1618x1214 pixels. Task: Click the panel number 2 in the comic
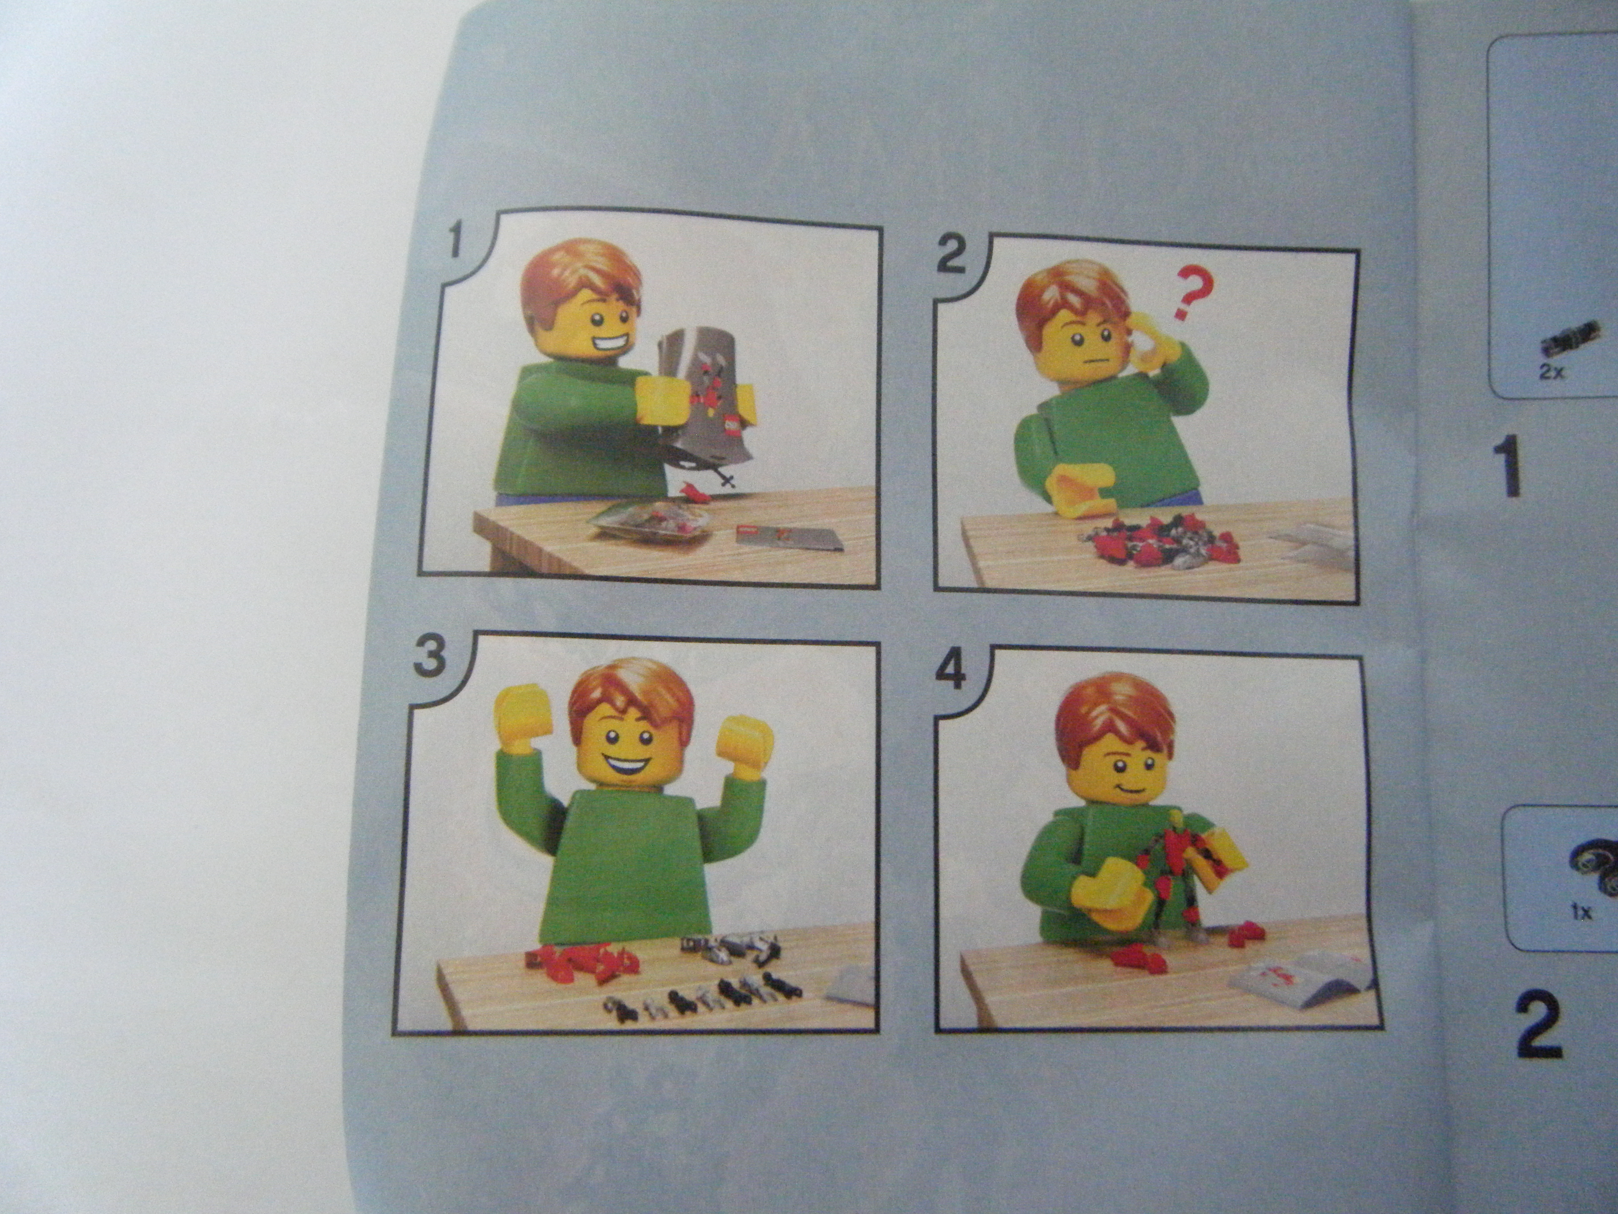[951, 258]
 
